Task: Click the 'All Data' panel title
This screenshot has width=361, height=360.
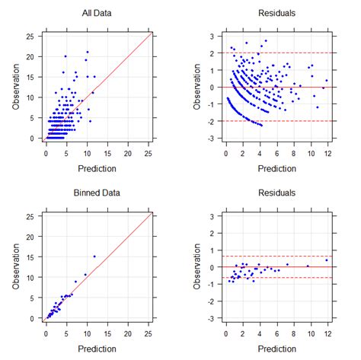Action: pos(97,14)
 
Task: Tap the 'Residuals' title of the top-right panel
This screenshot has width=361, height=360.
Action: pos(277,14)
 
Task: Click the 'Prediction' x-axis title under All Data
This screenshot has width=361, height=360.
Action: pos(97,166)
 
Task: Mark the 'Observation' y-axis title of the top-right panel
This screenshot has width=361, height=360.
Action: pos(196,86)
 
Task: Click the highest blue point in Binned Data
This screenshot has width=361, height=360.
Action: pos(94,256)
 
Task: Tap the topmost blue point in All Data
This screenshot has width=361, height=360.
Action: pos(87,53)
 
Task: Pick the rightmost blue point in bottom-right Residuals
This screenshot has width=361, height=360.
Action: pos(326,260)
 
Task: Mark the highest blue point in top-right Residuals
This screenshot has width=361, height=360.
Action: pos(266,41)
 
